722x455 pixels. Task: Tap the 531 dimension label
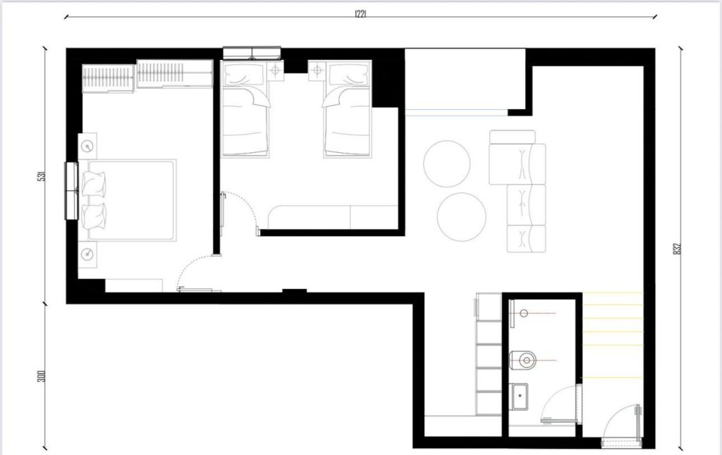pyautogui.click(x=42, y=177)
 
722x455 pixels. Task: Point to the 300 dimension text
pyautogui.click(x=42, y=376)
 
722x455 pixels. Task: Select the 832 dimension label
pyautogui.click(x=677, y=249)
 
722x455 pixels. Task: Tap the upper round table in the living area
pyautogui.click(x=446, y=163)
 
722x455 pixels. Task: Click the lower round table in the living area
pyautogui.click(x=461, y=217)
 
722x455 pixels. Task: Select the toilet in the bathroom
pyautogui.click(x=525, y=361)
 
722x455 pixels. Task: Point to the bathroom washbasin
pyautogui.click(x=520, y=397)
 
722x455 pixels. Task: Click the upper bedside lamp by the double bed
pyautogui.click(x=87, y=146)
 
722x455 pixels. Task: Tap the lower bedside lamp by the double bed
pyautogui.click(x=87, y=254)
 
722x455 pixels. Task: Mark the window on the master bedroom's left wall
pyautogui.click(x=71, y=191)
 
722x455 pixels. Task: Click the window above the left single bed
pyautogui.click(x=252, y=53)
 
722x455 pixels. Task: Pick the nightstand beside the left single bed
pyautogui.click(x=274, y=70)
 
